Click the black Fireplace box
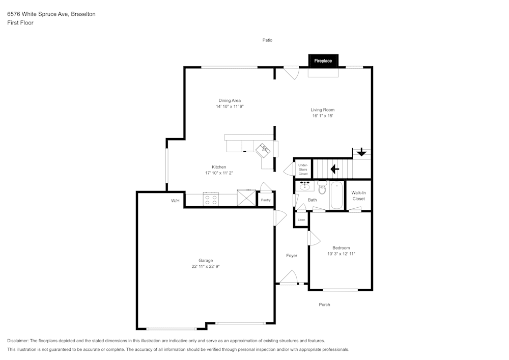click(323, 61)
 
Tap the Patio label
click(268, 40)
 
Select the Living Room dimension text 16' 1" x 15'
click(323, 116)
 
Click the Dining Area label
click(230, 101)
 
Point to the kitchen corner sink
click(263, 150)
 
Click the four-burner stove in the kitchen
click(211, 199)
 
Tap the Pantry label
click(266, 200)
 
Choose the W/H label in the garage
click(175, 201)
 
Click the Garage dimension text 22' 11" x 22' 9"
click(206, 266)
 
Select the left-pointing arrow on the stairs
click(335, 169)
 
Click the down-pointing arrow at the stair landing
click(361, 152)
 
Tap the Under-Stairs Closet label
click(303, 170)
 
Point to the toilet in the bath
click(322, 187)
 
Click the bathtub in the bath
click(336, 195)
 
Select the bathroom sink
click(304, 186)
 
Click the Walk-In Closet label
click(358, 196)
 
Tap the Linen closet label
click(301, 220)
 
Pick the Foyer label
click(292, 256)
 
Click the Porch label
click(324, 305)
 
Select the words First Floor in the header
click(20, 23)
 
